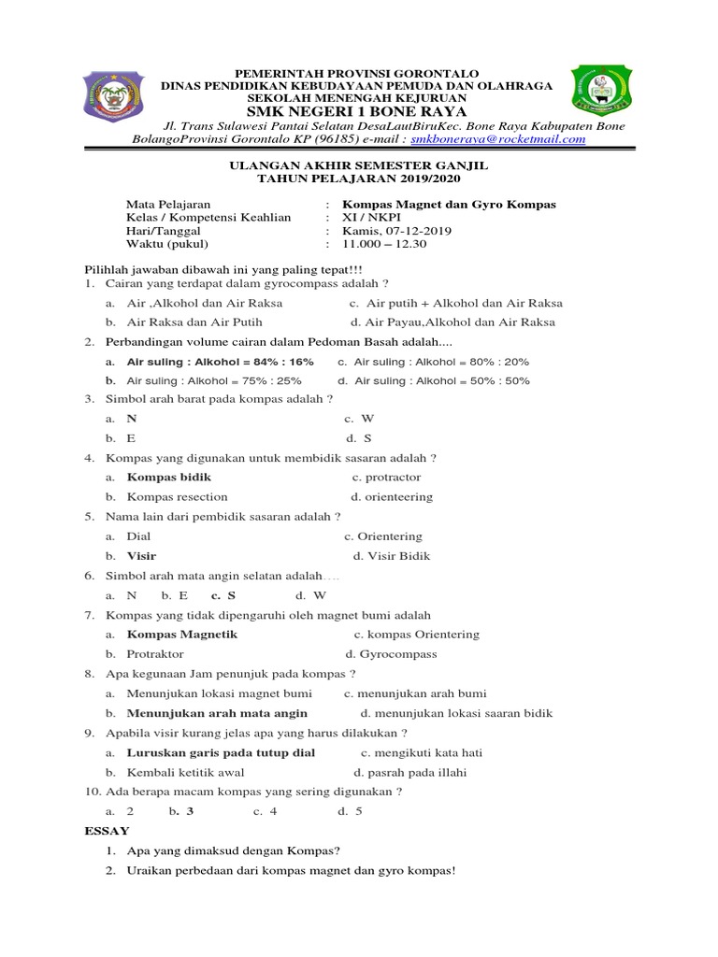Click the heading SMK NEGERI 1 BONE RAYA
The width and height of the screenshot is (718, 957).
pyautogui.click(x=356, y=111)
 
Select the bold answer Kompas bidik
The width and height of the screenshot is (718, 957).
pyautogui.click(x=168, y=477)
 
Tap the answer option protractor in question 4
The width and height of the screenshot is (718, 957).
pyautogui.click(x=393, y=477)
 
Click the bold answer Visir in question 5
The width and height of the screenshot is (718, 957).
pyautogui.click(x=141, y=556)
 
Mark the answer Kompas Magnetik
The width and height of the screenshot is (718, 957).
pyautogui.click(x=182, y=635)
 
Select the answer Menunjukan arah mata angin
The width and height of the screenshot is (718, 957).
pyautogui.click(x=217, y=713)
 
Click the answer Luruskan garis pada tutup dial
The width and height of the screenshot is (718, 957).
pyautogui.click(x=221, y=752)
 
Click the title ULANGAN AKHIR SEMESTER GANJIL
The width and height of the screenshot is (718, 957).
pyautogui.click(x=359, y=164)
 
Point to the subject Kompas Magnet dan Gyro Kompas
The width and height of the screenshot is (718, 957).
pyautogui.click(x=449, y=204)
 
